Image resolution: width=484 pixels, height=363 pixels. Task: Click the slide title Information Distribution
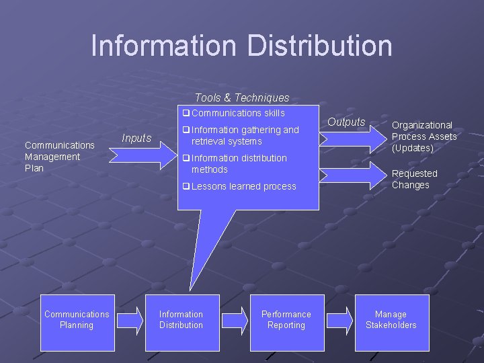(241, 46)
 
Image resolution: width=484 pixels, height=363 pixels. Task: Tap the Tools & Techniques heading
(242, 98)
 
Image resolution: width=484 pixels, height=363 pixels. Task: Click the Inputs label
(136, 138)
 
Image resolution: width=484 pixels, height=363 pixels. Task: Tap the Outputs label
(346, 122)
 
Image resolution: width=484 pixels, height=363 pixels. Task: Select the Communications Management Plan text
(59, 157)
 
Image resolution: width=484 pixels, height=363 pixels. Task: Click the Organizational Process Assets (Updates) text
(424, 136)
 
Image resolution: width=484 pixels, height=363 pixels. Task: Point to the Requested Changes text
(414, 179)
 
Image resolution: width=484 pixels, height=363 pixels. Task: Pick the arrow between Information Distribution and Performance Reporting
(235, 320)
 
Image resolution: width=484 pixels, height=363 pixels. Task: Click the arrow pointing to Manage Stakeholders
(339, 320)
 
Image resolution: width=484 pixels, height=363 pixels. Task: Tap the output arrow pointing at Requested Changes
(352, 172)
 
